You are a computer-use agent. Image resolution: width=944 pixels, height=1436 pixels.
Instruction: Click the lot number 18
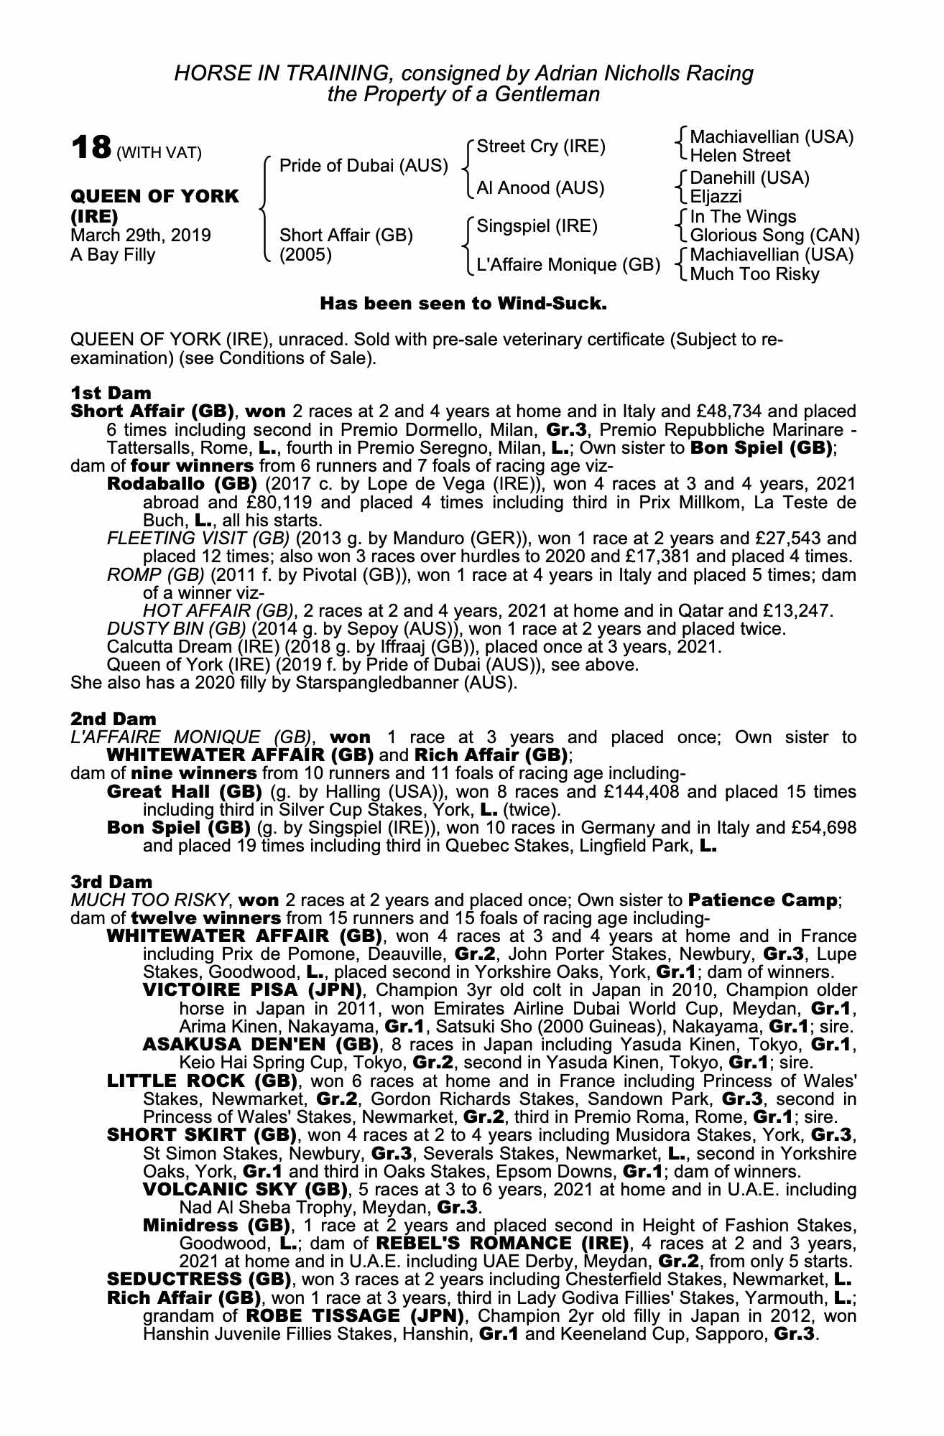pos(91,148)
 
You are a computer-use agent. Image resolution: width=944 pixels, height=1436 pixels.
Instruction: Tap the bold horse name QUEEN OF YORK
pos(154,197)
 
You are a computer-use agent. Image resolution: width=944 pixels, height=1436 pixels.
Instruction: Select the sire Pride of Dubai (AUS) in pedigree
pos(363,166)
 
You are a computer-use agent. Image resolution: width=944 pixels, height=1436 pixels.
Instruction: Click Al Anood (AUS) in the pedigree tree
pos(540,188)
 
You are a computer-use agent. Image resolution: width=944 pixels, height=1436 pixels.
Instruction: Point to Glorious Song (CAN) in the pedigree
pos(774,236)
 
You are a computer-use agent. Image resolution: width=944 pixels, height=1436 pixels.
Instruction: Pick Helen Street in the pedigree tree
pos(739,156)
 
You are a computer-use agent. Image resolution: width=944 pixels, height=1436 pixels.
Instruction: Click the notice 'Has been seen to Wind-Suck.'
pos(463,303)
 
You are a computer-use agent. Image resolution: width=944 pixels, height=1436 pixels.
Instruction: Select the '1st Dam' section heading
pos(111,393)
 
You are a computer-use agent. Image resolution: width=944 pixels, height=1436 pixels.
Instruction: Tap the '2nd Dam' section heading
pos(113,719)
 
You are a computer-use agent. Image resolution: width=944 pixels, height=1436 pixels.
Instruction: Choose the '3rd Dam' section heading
pos(111,881)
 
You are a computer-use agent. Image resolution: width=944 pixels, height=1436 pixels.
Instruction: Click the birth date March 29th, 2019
pos(141,236)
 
